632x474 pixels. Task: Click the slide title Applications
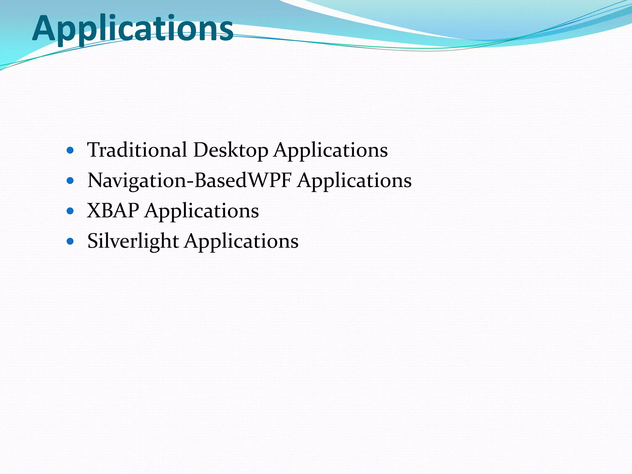[133, 28]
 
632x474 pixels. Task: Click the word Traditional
[137, 150]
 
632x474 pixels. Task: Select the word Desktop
[231, 151]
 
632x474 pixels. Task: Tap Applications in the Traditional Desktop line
[331, 151]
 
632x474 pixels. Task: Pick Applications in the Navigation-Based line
[355, 181]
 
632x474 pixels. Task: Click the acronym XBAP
[113, 210]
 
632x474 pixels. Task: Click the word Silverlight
[133, 241]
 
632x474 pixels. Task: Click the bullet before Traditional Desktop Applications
[70, 151]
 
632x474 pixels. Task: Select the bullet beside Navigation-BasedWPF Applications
[70, 181]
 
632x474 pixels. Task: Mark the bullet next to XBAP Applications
[70, 211]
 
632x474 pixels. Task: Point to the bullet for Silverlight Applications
[70, 241]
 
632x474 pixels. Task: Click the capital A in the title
[44, 28]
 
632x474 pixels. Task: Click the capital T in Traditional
[93, 149]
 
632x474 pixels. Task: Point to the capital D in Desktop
[201, 150]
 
